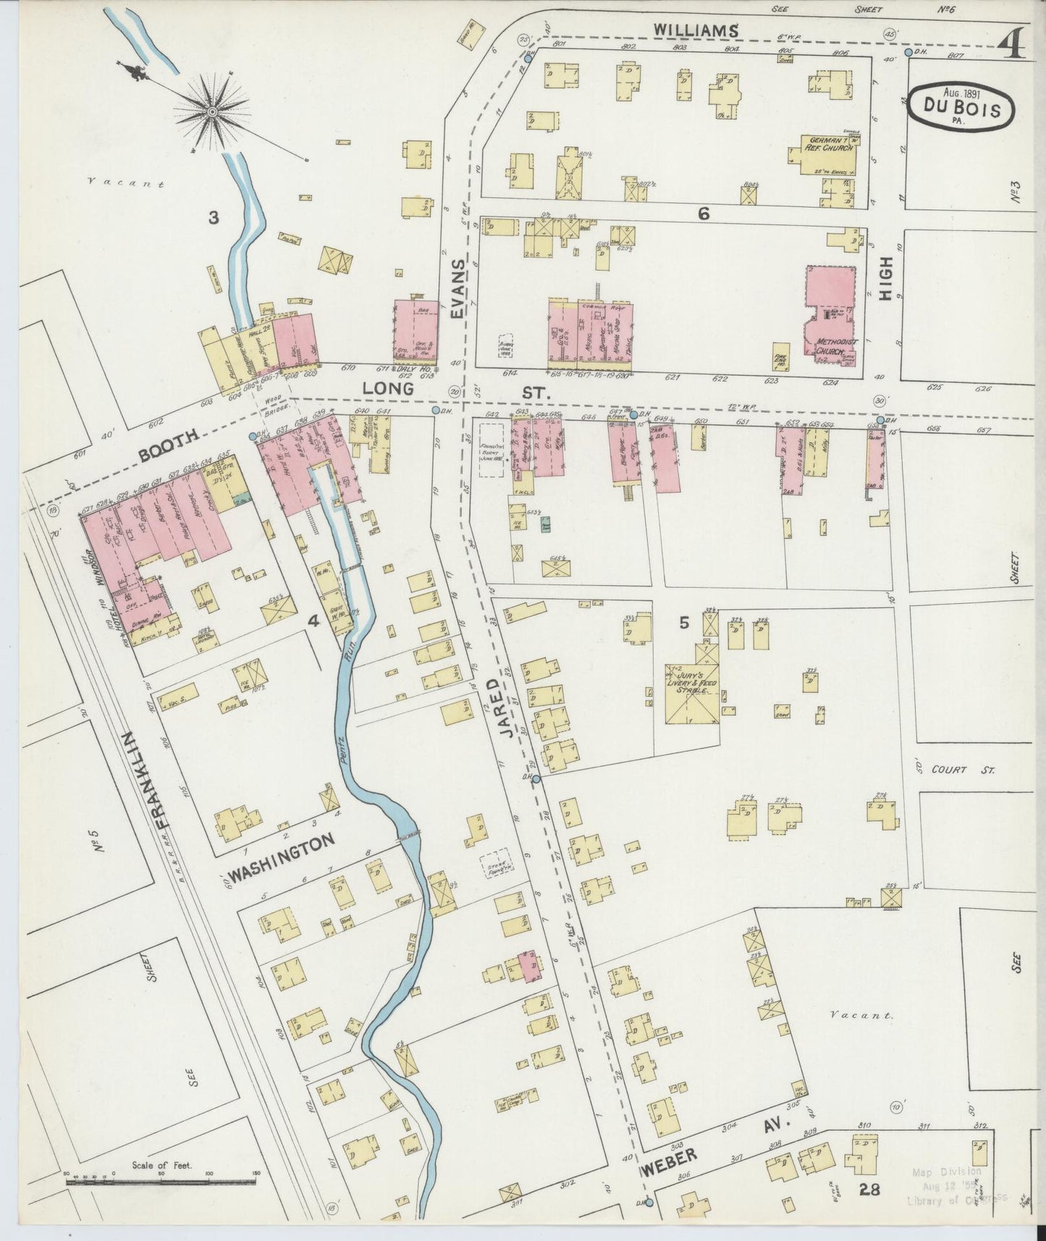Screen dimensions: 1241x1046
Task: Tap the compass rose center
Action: [212, 112]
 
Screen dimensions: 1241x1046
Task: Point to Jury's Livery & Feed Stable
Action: [691, 684]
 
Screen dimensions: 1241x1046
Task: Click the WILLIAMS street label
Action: [697, 30]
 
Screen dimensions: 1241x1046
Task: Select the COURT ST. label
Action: [969, 770]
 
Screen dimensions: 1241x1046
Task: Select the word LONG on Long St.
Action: [387, 389]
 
